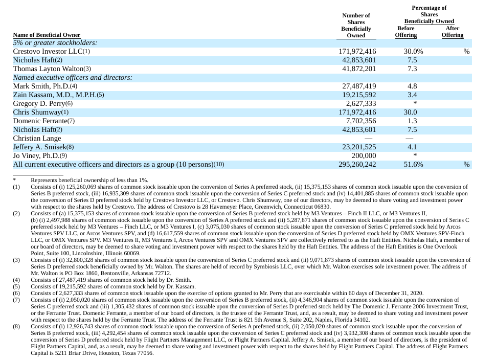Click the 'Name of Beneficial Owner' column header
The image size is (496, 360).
point(47,35)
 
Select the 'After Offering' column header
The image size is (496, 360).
point(453,32)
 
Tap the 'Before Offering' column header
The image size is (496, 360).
point(406,32)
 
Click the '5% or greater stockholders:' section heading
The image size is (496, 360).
point(55,43)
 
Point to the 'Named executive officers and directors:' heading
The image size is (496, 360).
point(73,77)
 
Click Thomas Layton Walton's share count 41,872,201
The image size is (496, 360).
point(357,69)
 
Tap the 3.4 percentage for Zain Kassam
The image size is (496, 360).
point(412,95)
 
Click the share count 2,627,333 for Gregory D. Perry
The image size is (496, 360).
point(359,104)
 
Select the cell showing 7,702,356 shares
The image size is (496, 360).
point(359,121)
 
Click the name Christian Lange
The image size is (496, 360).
point(37,139)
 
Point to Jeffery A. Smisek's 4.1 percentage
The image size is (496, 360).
point(412,147)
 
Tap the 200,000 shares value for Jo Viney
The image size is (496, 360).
point(364,156)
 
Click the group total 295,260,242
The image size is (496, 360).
point(357,165)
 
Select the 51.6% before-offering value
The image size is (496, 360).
point(413,165)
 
